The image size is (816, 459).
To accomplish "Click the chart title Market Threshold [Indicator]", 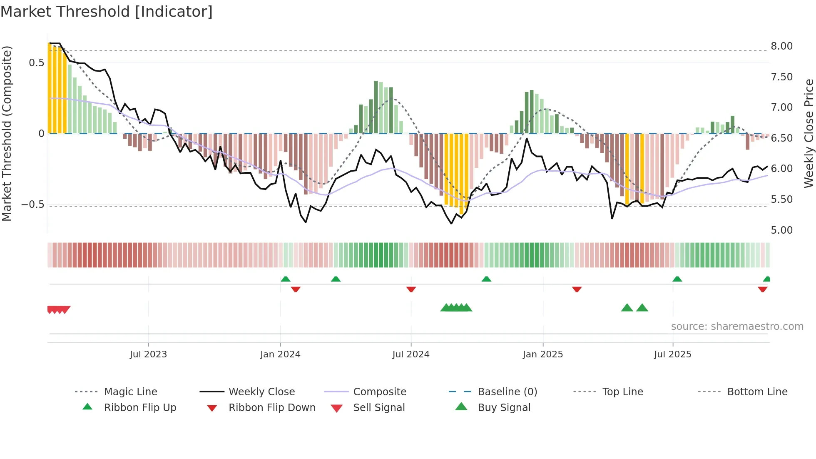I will [x=107, y=12].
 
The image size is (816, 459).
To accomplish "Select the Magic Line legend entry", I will [x=130, y=392].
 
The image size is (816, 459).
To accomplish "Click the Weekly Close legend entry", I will [x=261, y=392].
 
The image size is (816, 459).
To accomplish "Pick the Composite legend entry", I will [x=379, y=392].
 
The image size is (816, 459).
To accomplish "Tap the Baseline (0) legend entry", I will [x=507, y=392].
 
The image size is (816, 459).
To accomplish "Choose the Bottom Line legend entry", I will [x=757, y=392].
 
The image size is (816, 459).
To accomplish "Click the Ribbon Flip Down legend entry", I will [x=272, y=407].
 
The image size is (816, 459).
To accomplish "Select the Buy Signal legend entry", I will [x=504, y=407].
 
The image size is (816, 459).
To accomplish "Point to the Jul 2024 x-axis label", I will [x=410, y=354].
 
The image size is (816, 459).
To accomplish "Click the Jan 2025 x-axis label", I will [x=542, y=354].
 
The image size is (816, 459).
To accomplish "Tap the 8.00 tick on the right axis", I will [x=781, y=46].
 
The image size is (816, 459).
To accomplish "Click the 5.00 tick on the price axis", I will [x=781, y=230].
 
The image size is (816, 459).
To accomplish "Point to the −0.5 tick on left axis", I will [x=33, y=205].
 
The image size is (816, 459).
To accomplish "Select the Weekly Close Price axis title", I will [x=809, y=133].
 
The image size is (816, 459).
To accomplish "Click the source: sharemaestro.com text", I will [x=737, y=326].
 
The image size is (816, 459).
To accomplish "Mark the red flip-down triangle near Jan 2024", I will [x=296, y=289].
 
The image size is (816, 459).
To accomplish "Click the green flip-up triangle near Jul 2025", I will [x=677, y=279].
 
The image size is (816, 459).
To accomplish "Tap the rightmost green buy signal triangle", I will [x=642, y=308].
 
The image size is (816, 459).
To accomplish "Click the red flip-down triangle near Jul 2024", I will [x=411, y=289].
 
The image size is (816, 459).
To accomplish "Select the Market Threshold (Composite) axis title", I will [x=7, y=133].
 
